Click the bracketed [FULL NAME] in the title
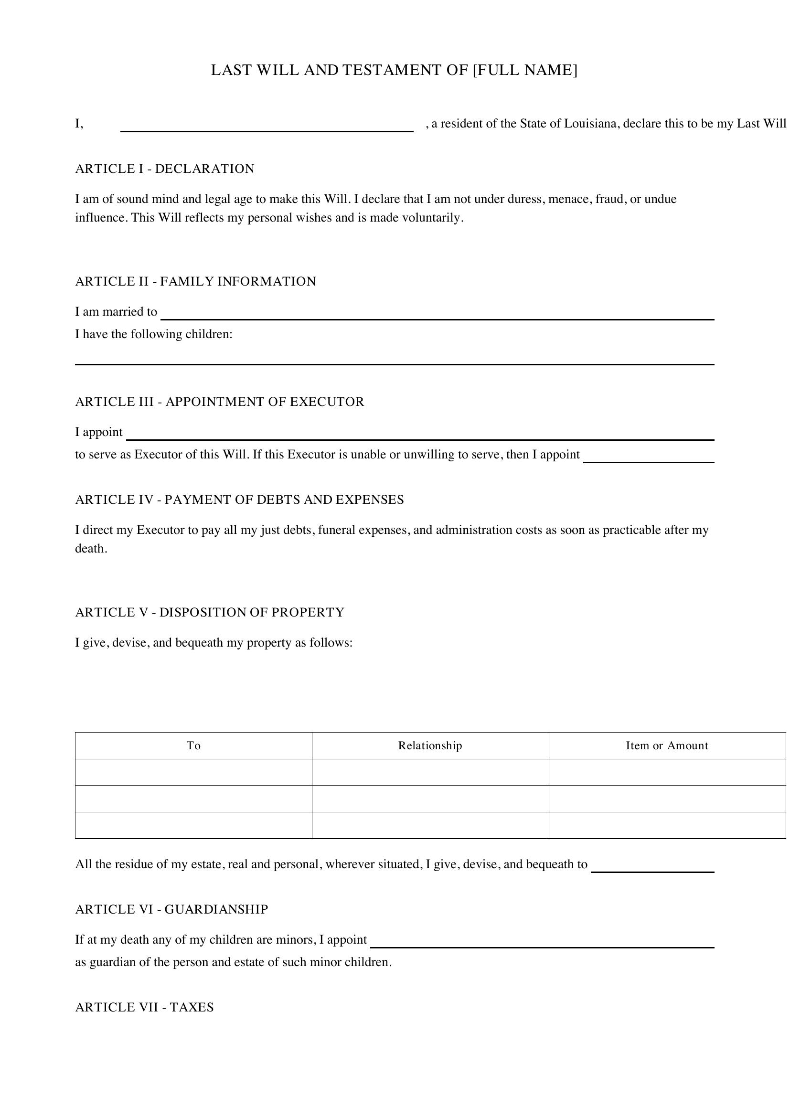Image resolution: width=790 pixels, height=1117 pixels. pyautogui.click(x=525, y=71)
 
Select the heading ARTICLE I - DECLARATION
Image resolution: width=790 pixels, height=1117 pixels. pyautogui.click(x=164, y=169)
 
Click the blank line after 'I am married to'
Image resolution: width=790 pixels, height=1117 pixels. pyautogui.click(x=437, y=316)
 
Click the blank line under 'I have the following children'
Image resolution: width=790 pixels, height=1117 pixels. pyautogui.click(x=394, y=361)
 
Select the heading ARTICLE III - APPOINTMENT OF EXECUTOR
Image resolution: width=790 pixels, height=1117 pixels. pyautogui.click(x=219, y=402)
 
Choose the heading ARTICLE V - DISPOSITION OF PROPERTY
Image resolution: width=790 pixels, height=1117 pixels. pyautogui.click(x=210, y=613)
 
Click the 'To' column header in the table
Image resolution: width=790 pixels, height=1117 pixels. pyautogui.click(x=193, y=746)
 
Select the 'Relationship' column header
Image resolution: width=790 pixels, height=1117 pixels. pyautogui.click(x=430, y=746)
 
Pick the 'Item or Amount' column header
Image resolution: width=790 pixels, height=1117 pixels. pyautogui.click(x=666, y=746)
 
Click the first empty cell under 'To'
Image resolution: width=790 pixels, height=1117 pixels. pyautogui.click(x=193, y=772)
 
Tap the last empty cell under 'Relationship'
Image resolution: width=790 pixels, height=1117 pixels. pyautogui.click(x=430, y=825)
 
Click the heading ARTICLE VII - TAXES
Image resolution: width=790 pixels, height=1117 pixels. pyautogui.click(x=144, y=1008)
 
